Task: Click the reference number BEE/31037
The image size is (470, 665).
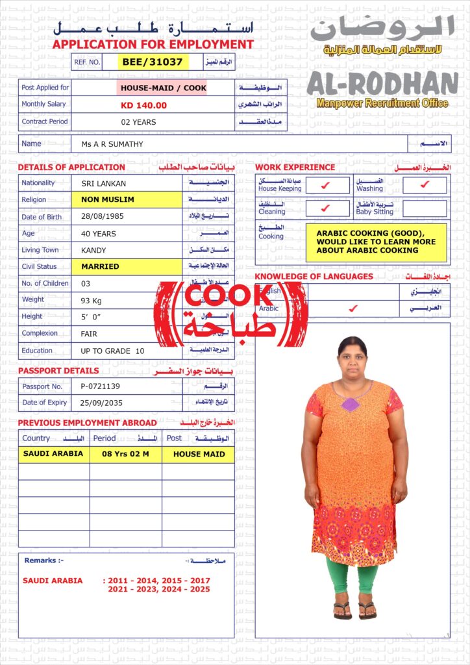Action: pos(153,62)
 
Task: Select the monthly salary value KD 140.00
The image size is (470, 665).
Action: pos(143,105)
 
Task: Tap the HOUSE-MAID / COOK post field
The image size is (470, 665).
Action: pos(162,88)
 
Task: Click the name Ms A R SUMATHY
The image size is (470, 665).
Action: pos(112,144)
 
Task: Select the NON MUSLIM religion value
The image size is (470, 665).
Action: pos(108,199)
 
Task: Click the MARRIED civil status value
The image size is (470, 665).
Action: pos(100,266)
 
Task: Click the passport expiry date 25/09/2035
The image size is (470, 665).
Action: pos(103,403)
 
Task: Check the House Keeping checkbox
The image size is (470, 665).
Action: pos(326,186)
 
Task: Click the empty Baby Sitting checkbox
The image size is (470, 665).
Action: pos(425,208)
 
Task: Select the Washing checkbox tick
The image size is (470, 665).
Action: pos(425,186)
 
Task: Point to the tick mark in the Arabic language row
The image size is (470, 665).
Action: pos(352,308)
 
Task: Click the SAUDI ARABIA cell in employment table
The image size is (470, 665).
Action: pos(53,454)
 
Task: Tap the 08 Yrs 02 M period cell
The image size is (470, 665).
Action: pos(125,454)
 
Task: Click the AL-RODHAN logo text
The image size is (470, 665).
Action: pos(382,83)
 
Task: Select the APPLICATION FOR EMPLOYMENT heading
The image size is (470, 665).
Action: pos(153,45)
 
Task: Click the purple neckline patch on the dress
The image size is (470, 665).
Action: pos(351,404)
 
